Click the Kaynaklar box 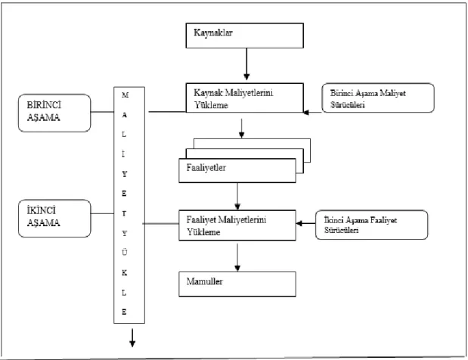[x=245, y=36]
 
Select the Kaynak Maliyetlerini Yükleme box [x=245, y=98]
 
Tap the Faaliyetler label [x=206, y=168]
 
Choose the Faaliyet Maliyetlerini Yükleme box [x=237, y=225]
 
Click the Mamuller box [x=237, y=284]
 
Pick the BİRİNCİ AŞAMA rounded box [x=54, y=113]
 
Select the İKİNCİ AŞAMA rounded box [x=54, y=219]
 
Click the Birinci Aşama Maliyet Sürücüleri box [x=378, y=98]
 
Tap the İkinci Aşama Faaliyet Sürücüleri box [x=371, y=225]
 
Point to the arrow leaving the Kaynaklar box [x=246, y=64]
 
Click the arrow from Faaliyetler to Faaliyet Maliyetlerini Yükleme [x=237, y=197]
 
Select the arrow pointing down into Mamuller [x=237, y=257]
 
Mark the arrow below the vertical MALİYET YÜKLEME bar [x=132, y=338]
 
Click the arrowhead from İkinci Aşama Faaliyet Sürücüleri [x=299, y=223]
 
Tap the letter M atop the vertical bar [x=125, y=95]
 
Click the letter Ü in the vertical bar [x=125, y=253]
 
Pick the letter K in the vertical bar [x=125, y=272]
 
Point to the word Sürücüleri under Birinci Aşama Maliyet [x=348, y=104]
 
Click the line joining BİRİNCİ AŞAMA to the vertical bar [x=102, y=112]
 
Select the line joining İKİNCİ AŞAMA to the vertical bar [x=102, y=213]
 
